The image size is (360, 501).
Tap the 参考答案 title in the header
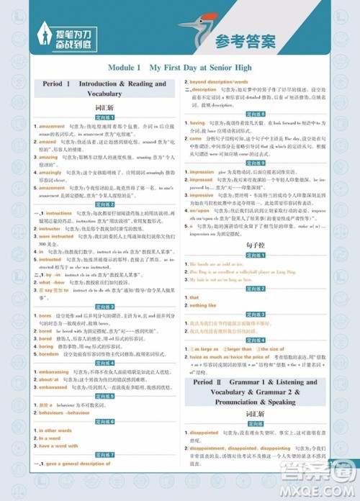pyautogui.click(x=246, y=41)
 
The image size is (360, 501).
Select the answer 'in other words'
pyautogui.click(x=55, y=430)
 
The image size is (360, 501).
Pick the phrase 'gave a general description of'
pyautogui.click(x=80, y=464)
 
